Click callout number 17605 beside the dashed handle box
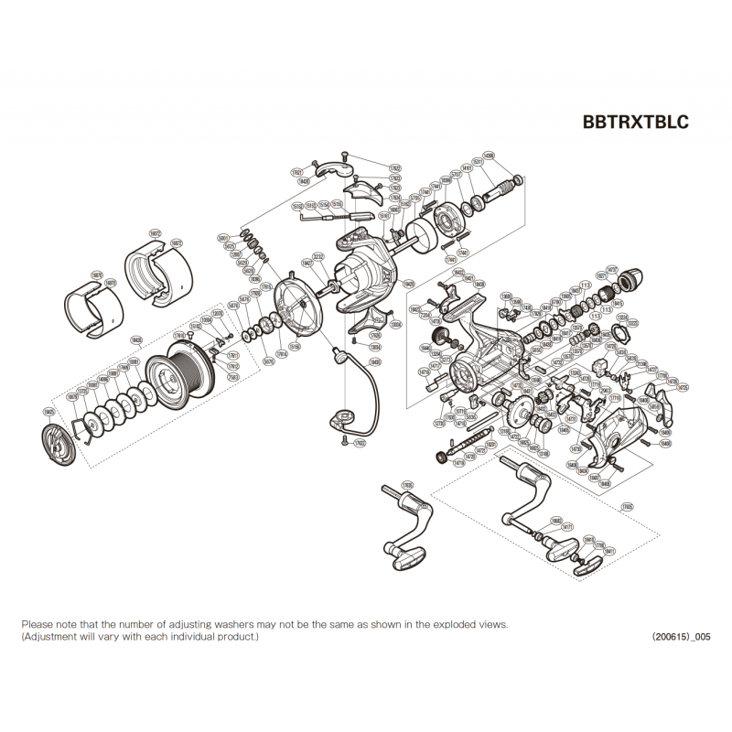coord(626,505)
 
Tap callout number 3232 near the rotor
coord(318,256)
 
